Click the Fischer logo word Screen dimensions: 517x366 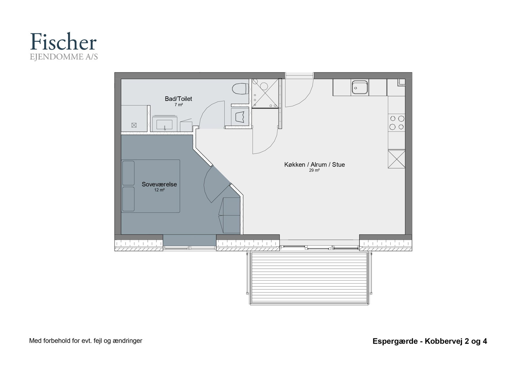tap(63, 42)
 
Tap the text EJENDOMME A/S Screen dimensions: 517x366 tap(64, 57)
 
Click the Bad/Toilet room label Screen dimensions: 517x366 tap(178, 99)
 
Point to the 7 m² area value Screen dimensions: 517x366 tap(179, 105)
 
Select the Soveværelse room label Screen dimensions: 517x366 tap(159, 184)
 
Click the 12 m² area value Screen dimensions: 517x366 tap(159, 190)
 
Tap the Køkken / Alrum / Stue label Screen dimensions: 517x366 tap(315, 165)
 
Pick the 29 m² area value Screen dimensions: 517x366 tap(314, 170)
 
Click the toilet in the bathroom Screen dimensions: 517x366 tap(240, 89)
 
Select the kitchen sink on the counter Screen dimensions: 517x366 tap(360, 87)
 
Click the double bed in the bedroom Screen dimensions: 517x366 tap(151, 186)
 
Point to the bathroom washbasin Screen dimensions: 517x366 tap(164, 124)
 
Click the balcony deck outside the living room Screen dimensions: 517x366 tap(309, 278)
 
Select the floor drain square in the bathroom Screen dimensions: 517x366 tap(134, 125)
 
